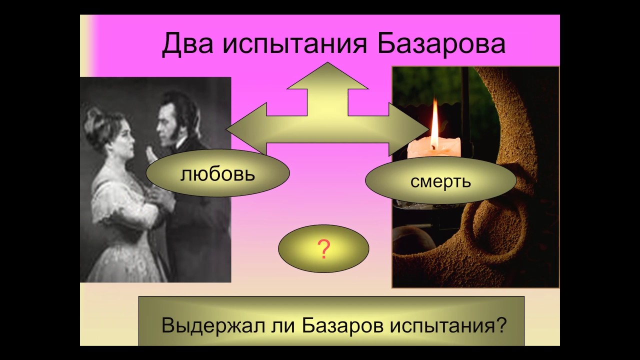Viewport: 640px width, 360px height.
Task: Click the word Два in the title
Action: tap(187, 44)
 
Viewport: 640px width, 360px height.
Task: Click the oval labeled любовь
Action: tap(217, 173)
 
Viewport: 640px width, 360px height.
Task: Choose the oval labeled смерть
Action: tap(441, 180)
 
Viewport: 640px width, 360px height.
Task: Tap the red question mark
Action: tap(323, 249)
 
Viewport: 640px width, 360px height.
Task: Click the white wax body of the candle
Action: tap(433, 149)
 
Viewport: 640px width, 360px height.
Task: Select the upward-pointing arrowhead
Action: tap(327, 75)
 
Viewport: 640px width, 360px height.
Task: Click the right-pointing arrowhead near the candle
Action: tap(409, 129)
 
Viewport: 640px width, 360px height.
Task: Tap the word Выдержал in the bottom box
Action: tap(213, 325)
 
